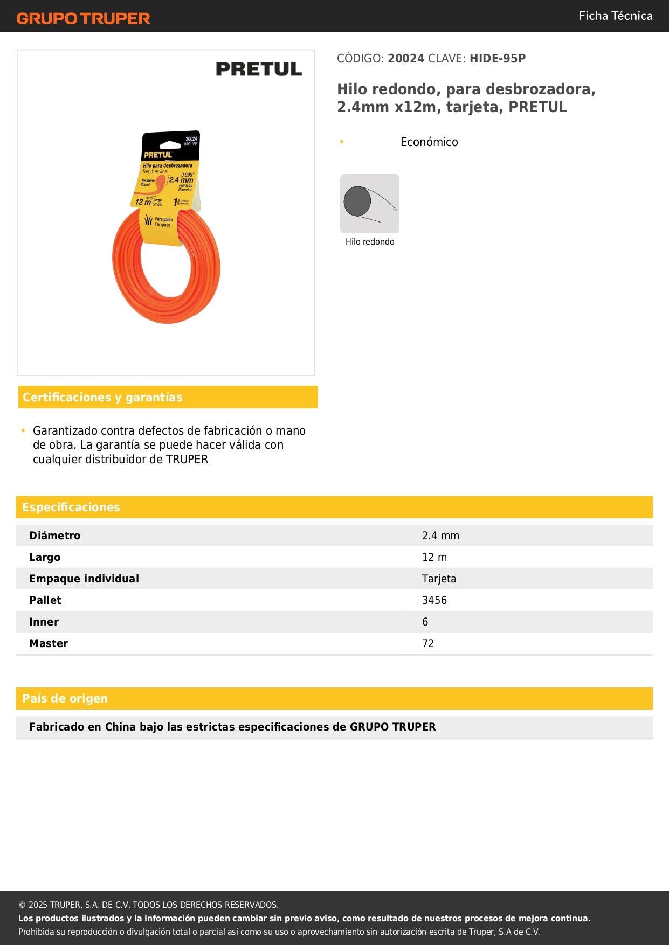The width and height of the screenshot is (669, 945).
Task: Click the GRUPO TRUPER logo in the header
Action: point(83,18)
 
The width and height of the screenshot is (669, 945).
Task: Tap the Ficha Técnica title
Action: point(615,16)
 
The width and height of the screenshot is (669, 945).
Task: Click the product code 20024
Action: point(406,59)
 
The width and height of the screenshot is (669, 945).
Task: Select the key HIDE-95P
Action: point(497,59)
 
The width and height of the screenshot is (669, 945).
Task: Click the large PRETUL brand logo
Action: point(259,69)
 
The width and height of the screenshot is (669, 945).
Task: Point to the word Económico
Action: point(429,142)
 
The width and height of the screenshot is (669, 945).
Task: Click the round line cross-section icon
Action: point(370,204)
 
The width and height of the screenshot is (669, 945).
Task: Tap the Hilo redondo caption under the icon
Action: point(370,242)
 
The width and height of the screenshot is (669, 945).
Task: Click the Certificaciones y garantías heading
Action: point(102,398)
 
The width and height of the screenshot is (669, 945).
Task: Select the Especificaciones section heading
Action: point(71,508)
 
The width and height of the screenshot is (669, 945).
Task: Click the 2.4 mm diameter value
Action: point(440,536)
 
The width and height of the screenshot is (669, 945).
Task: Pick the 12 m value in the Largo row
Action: point(434,558)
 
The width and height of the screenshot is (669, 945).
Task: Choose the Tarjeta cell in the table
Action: point(439,579)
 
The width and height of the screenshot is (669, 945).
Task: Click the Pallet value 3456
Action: point(434,601)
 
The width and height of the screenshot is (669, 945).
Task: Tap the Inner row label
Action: point(44,622)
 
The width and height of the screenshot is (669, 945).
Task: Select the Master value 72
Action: point(428,644)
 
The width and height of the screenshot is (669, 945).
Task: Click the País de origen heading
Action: point(65,699)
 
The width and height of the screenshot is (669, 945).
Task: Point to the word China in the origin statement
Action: point(120,727)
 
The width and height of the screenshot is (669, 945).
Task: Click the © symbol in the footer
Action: point(22,905)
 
